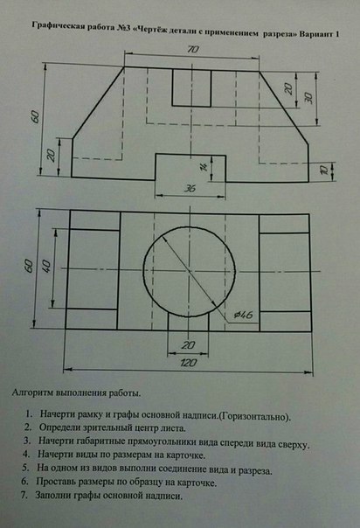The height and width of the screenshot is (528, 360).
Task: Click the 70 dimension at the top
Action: [193, 49]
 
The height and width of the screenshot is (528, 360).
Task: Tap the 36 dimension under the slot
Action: [190, 188]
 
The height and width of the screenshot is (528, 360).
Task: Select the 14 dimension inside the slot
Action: [204, 167]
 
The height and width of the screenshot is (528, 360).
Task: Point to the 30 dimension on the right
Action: [308, 98]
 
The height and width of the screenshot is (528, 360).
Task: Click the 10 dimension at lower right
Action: [324, 170]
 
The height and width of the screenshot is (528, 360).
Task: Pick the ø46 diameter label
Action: [243, 315]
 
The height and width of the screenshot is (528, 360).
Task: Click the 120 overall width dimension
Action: [189, 363]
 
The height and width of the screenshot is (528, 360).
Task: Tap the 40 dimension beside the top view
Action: [47, 266]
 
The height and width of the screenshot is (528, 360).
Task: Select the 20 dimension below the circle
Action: [188, 344]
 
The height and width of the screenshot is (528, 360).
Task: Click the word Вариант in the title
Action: [315, 34]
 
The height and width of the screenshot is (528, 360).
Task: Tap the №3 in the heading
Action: [124, 28]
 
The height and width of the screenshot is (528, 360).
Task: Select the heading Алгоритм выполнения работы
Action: [76, 393]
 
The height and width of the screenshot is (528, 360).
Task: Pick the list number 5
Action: [25, 468]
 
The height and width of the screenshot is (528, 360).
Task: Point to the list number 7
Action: [24, 496]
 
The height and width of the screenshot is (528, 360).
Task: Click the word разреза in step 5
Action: [254, 470]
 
